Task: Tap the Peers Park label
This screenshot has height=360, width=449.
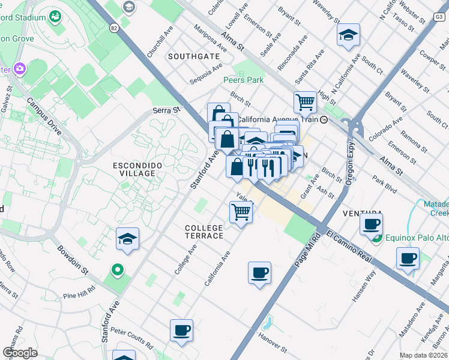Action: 243,79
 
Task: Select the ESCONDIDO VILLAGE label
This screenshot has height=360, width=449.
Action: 138,169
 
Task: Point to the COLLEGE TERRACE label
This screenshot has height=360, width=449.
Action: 204,232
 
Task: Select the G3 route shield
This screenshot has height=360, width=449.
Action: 439,17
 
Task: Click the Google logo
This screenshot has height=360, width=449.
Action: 20,352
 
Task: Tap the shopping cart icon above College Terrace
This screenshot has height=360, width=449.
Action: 241,212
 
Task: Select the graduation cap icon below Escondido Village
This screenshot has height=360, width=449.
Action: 127,239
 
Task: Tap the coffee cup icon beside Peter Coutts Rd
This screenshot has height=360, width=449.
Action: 181,330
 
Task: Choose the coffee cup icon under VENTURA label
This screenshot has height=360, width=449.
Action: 371,224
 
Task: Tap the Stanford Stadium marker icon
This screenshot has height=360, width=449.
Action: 56,16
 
